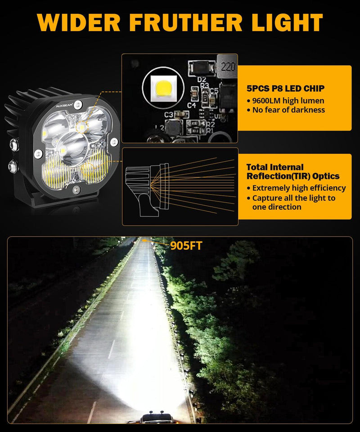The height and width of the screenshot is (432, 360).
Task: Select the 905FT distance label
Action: tap(186, 246)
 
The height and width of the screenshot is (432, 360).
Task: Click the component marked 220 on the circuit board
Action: tap(227, 67)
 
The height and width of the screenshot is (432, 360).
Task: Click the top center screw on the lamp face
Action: tap(78, 104)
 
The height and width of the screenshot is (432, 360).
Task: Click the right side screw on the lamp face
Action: tap(114, 143)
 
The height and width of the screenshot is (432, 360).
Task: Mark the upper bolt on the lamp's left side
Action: tap(14, 144)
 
